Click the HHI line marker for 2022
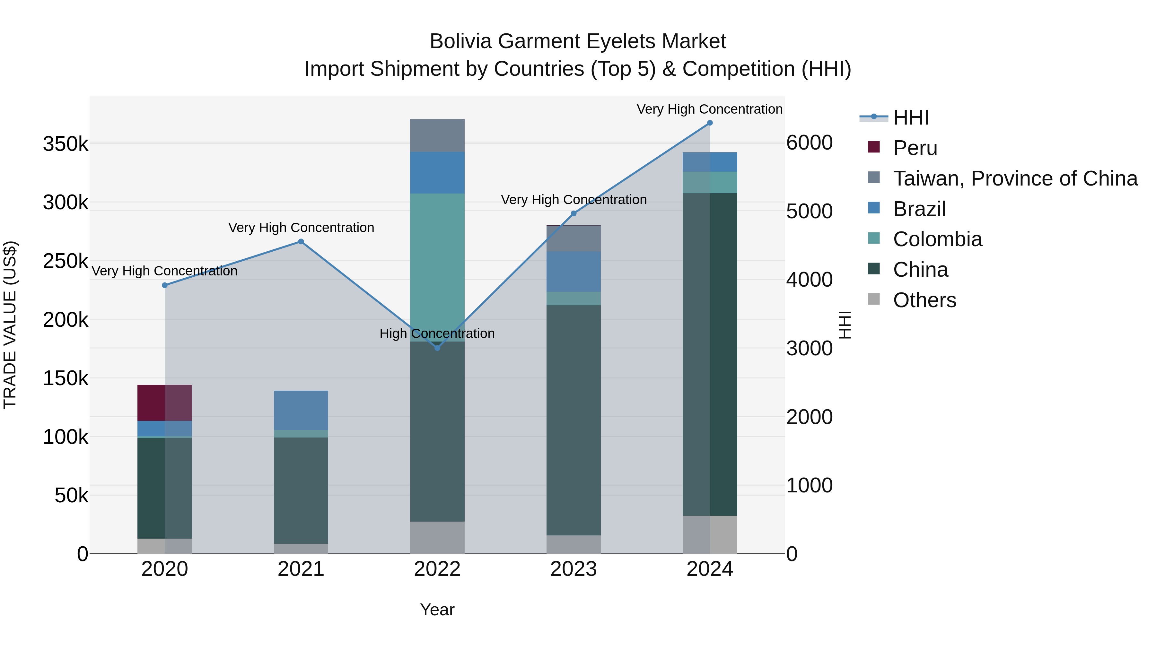pos(438,348)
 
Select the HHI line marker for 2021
pos(301,242)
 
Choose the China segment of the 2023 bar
pos(574,420)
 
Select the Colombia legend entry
pos(937,239)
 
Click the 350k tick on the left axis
pos(66,144)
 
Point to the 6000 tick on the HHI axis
pos(810,143)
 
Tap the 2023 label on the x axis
pos(574,569)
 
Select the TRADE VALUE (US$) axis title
pos(10,325)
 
